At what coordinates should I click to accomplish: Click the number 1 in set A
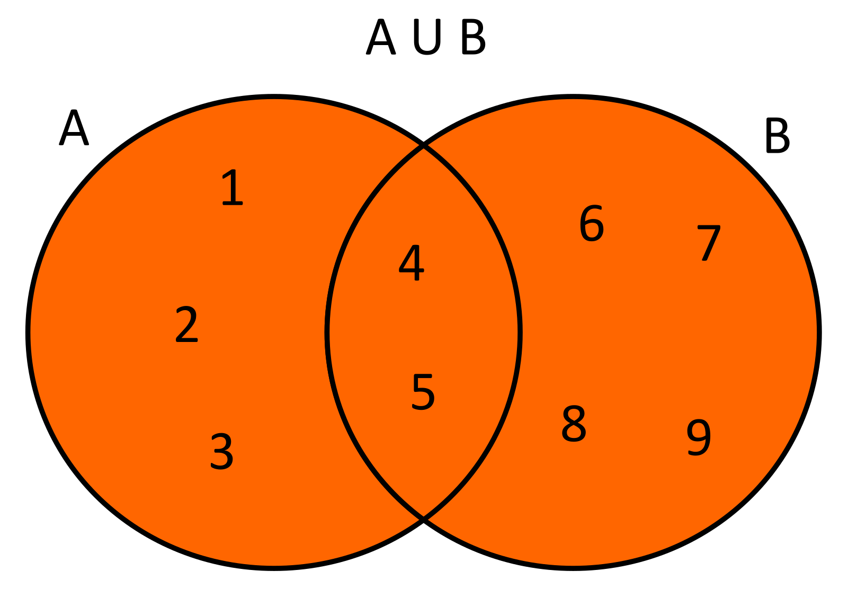(232, 188)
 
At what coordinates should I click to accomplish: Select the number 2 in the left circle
(186, 324)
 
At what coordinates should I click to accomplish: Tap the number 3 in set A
(221, 452)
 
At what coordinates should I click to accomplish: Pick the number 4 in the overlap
(412, 263)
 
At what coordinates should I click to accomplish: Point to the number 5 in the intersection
(423, 392)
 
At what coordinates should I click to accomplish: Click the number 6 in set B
(592, 223)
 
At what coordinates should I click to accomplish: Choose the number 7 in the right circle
(708, 243)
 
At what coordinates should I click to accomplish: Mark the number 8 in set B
(574, 424)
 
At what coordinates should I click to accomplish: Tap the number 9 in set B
(699, 437)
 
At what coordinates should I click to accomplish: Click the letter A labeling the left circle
(74, 128)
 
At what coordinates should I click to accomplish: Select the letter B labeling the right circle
(777, 136)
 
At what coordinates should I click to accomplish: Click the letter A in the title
(381, 37)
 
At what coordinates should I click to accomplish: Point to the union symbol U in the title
(426, 37)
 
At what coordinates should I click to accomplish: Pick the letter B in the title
(472, 37)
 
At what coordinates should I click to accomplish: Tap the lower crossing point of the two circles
(424, 519)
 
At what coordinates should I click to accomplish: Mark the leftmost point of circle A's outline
(28, 332)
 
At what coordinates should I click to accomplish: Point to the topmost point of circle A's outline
(274, 97)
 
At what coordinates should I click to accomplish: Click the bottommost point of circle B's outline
(573, 568)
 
